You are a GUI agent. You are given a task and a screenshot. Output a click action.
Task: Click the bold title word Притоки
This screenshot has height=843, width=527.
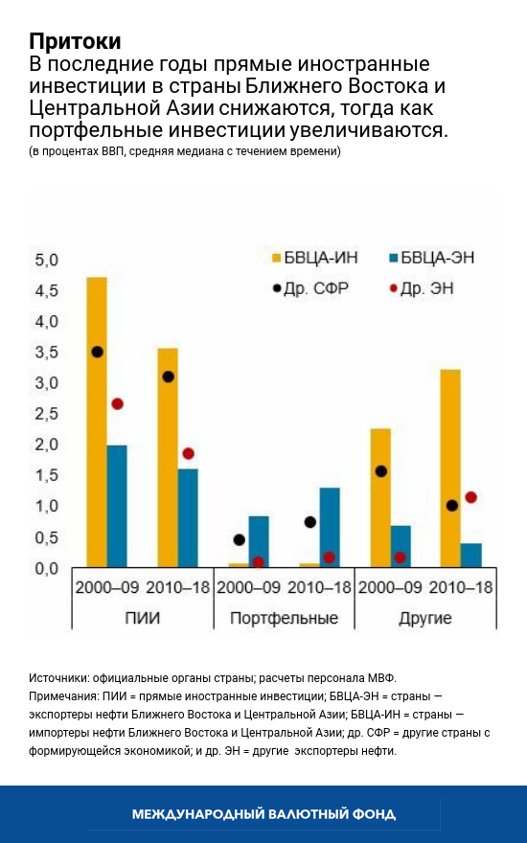pos(75,42)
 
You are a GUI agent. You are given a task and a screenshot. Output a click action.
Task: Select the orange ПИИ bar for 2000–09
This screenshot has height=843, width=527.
pos(97,421)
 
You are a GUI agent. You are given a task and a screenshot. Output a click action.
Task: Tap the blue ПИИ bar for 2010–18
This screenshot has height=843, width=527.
pos(188,517)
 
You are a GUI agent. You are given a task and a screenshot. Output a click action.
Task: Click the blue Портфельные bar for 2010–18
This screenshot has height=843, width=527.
pos(330,527)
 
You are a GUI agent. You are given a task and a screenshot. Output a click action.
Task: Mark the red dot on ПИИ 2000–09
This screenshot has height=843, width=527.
pos(117,404)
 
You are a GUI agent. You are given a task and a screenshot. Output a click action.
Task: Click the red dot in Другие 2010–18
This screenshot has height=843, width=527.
pos(470,497)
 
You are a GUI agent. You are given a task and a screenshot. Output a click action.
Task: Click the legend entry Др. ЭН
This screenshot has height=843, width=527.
pos(426,286)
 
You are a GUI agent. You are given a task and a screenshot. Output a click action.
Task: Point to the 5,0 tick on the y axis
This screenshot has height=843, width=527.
pos(46,261)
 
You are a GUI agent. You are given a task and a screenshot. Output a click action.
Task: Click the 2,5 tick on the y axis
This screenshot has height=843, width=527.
pos(46,414)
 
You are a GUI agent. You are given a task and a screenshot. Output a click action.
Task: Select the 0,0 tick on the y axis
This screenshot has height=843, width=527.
pos(46,569)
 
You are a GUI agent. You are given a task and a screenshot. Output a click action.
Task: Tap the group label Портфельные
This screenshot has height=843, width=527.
pos(284,618)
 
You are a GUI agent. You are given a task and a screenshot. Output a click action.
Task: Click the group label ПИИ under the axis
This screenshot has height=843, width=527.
pos(142,618)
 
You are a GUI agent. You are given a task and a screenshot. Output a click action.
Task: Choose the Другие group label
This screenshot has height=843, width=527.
pos(424,618)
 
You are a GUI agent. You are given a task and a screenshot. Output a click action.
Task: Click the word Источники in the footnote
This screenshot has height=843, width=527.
pos(62,676)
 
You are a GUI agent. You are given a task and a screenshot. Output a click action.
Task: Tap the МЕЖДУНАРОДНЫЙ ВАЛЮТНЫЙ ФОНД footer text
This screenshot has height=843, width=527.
pos(263,814)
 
